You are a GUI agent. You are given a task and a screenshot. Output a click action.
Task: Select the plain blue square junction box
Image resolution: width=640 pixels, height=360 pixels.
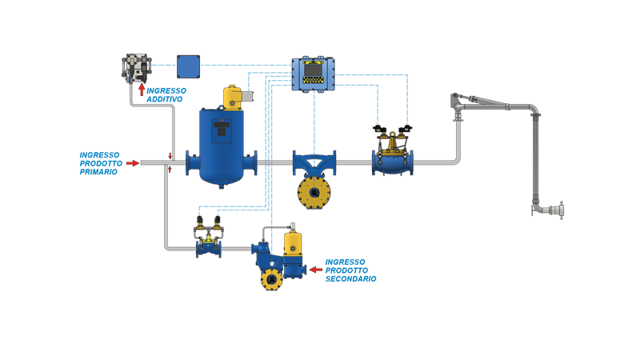[189, 65]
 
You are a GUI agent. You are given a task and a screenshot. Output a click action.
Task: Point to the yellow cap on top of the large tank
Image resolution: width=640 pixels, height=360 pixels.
[234, 95]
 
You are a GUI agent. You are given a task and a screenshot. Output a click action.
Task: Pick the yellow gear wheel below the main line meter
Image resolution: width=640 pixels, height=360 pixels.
[311, 191]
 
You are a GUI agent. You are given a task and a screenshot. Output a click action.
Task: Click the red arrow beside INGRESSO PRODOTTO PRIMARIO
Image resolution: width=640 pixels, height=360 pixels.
[133, 162]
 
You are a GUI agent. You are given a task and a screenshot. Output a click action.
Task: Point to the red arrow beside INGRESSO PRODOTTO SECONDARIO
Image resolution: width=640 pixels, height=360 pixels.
[315, 270]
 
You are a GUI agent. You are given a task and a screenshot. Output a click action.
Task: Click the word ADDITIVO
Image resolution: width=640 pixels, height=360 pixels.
[165, 101]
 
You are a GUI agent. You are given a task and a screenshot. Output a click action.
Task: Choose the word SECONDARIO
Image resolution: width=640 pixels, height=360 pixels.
[350, 279]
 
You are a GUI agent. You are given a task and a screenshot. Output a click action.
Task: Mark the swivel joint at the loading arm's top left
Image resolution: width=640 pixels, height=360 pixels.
[454, 101]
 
